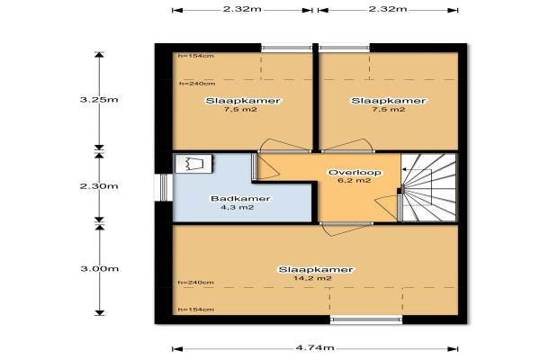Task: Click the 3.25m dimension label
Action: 99,100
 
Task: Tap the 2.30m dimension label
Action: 99,186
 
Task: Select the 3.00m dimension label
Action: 100,269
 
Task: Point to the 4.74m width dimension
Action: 315,347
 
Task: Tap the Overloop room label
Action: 355,173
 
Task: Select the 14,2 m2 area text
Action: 312,278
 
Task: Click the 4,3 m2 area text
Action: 238,207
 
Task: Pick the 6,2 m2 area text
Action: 355,181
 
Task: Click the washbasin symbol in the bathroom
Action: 193,163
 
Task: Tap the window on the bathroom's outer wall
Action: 163,187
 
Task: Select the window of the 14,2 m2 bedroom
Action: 366,319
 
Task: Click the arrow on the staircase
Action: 417,169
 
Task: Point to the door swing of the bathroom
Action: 268,166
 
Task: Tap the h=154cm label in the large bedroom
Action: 196,310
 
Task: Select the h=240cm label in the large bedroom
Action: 196,283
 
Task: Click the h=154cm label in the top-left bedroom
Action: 196,56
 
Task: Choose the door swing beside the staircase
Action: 387,208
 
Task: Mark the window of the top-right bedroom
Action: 344,48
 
